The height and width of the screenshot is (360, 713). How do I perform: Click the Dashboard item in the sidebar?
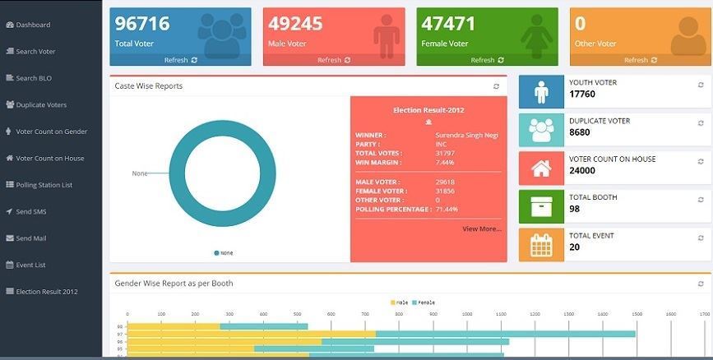[33, 25]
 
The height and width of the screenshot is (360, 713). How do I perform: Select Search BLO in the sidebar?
[33, 78]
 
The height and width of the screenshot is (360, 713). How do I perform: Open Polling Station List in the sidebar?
[44, 185]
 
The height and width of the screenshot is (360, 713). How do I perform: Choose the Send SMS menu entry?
[30, 211]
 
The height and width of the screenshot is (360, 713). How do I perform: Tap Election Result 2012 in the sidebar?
[46, 291]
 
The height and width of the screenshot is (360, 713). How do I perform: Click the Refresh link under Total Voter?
[180, 60]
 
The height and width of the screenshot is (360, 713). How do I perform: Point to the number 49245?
[294, 24]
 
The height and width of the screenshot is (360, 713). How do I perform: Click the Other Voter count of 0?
[581, 24]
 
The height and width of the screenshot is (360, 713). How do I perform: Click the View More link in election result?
[481, 228]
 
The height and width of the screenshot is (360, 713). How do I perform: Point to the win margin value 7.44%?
[444, 163]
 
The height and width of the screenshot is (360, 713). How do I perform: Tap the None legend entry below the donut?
[224, 253]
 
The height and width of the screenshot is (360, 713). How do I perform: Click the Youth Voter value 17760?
[582, 95]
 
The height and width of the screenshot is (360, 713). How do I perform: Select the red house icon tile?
[541, 168]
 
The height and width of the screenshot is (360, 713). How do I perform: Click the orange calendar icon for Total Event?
[541, 245]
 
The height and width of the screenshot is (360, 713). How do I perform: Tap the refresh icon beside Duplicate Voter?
[701, 122]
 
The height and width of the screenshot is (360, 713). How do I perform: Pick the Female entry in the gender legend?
[424, 302]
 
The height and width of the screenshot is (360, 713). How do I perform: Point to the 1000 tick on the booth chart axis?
[467, 314]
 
